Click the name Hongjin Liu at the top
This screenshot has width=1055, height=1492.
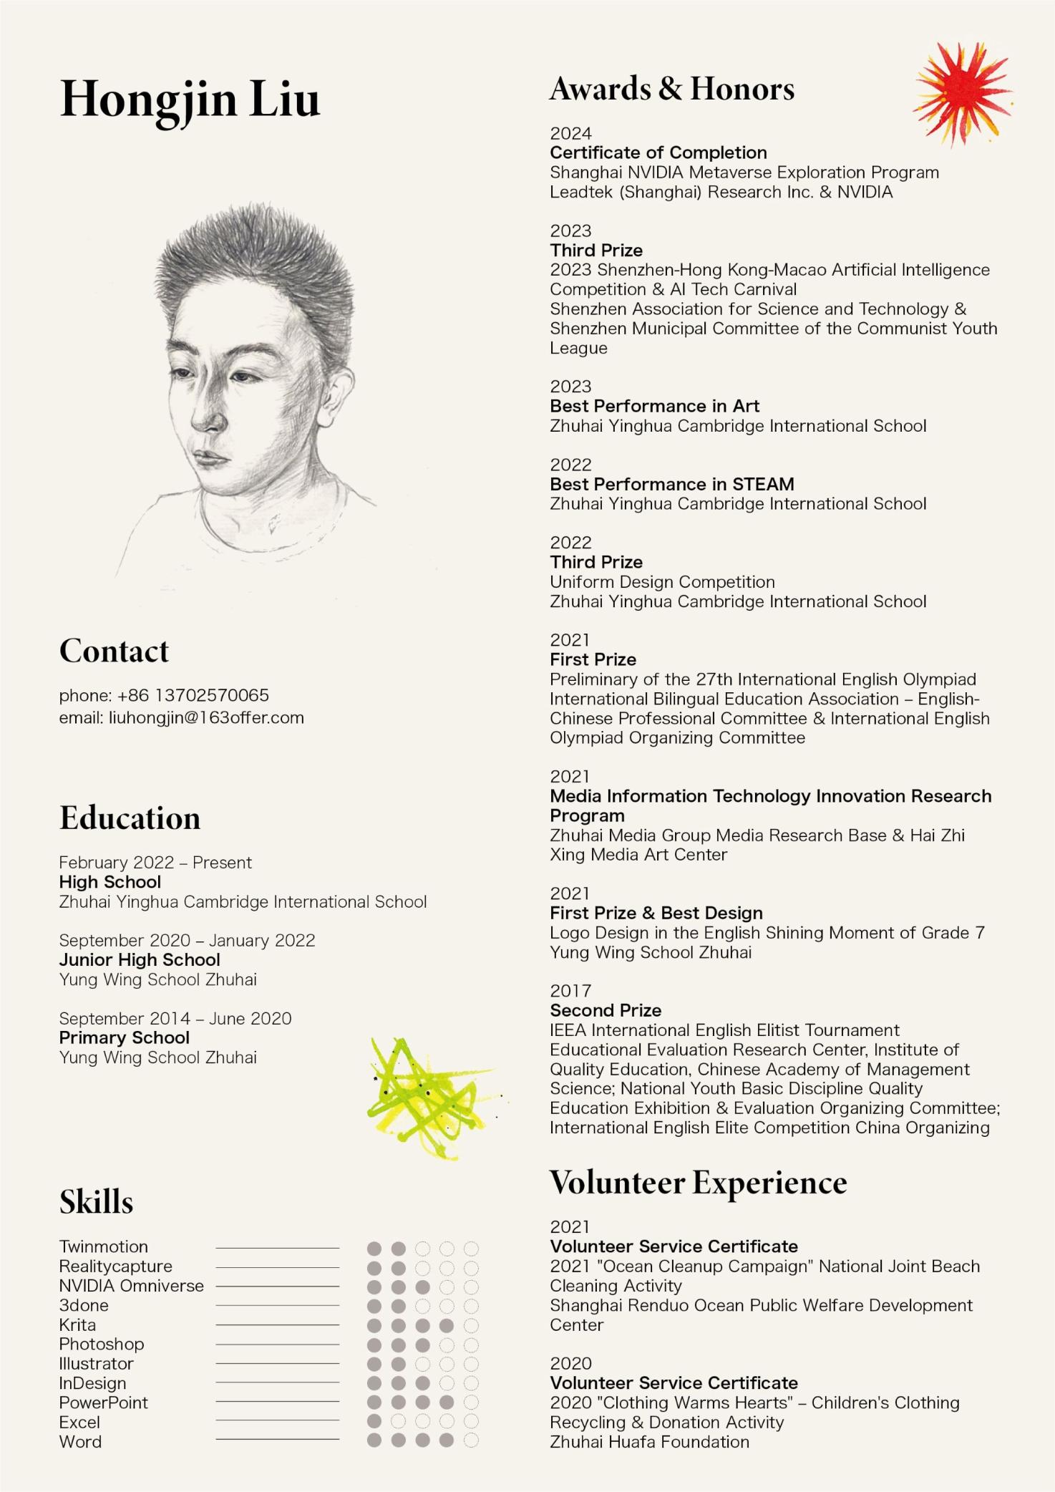click(x=190, y=100)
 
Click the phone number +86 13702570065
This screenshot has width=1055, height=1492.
click(x=193, y=695)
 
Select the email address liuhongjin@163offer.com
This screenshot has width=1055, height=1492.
click(x=206, y=717)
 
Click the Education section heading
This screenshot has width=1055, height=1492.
click(x=130, y=818)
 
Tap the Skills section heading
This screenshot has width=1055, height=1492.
click(x=96, y=1202)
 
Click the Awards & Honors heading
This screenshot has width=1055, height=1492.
click(x=671, y=89)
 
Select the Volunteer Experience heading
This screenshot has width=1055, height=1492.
click(x=698, y=1182)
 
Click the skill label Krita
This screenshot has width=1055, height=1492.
click(x=77, y=1324)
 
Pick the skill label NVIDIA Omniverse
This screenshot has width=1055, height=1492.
click(x=131, y=1285)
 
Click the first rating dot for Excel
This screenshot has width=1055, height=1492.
click(x=374, y=1421)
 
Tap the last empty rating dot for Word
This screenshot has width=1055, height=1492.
click(x=471, y=1440)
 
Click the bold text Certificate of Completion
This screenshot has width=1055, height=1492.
click(x=658, y=152)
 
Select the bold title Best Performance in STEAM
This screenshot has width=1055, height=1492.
click(x=671, y=484)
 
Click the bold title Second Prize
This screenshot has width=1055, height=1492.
click(x=606, y=1010)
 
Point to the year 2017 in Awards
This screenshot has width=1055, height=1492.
click(x=570, y=991)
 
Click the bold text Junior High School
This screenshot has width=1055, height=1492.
click(x=140, y=959)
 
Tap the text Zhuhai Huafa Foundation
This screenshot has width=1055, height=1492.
click(x=649, y=1442)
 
